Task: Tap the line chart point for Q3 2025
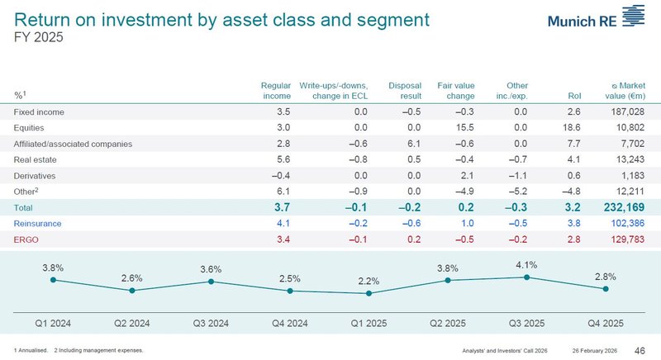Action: click(527, 277)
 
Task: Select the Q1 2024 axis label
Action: click(54, 322)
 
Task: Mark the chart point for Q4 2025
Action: click(606, 288)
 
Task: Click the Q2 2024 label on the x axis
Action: click(132, 322)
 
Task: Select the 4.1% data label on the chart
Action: click(527, 265)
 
